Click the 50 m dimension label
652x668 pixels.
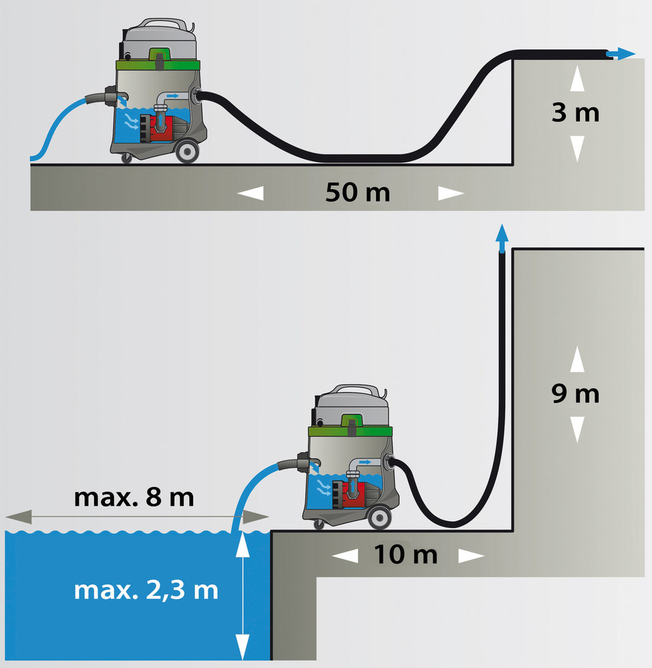[357, 193]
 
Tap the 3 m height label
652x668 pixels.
[575, 113]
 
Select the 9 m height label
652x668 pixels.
[575, 394]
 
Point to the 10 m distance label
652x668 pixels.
[405, 554]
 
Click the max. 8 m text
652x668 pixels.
[134, 498]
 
